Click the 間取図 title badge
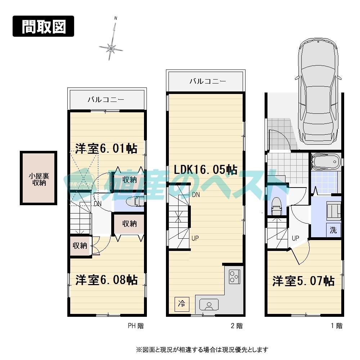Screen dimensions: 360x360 (x=43, y=26)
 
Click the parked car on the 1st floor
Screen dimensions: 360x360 (x=318, y=94)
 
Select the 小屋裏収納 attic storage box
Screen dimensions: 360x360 (x=39, y=179)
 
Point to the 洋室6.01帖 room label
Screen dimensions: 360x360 (x=106, y=148)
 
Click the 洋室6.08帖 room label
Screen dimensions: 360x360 (x=106, y=280)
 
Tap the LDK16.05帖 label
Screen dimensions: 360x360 (x=206, y=169)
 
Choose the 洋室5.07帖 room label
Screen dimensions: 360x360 (x=303, y=281)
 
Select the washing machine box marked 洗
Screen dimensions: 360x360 (x=333, y=230)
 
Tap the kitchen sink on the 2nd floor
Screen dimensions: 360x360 (x=209, y=305)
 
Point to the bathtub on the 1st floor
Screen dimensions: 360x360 (x=326, y=162)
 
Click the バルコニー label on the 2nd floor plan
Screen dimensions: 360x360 (x=208, y=81)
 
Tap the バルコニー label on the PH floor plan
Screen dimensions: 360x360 (x=106, y=100)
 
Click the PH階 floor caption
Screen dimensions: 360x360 (x=136, y=326)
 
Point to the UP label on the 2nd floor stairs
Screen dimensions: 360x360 (x=195, y=238)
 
